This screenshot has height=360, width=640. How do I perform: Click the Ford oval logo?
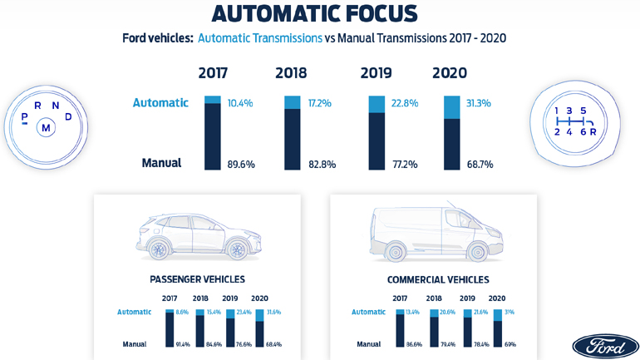[605, 346]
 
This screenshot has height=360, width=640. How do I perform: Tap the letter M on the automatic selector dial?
[47, 127]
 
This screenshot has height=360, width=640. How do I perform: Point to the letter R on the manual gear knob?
[593, 131]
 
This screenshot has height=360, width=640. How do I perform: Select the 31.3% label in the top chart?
[480, 103]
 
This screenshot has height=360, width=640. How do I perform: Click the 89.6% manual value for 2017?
[241, 165]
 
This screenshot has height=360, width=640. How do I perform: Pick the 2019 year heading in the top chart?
[376, 73]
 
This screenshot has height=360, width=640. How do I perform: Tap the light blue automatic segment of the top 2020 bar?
[451, 107]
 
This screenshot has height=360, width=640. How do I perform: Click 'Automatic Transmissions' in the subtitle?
[260, 38]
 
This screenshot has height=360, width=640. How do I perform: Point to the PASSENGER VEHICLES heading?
[197, 279]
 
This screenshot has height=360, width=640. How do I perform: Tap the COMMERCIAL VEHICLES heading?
[438, 279]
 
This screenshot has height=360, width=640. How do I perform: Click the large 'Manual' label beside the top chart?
[161, 163]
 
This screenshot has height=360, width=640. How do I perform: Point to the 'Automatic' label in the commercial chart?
[368, 312]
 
